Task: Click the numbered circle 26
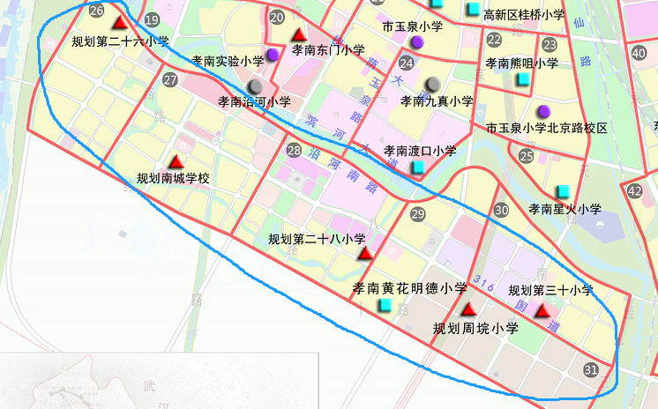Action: coord(97,11)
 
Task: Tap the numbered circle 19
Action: coord(153,20)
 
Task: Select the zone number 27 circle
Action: coord(170,80)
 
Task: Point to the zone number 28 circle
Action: coord(294,150)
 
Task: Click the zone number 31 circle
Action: coord(591,370)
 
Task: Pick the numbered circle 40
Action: coord(639,53)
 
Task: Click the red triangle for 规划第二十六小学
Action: coord(120,21)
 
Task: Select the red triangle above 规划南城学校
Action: coord(176,161)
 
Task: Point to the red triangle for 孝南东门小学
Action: coord(297,35)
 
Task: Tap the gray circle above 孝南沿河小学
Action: coord(256,86)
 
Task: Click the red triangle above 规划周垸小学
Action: coord(468,309)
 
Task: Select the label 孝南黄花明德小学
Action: coord(409,288)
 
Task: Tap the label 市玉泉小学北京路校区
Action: coord(547,129)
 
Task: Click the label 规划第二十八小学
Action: coord(317,239)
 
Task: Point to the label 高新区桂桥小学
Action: coord(524,14)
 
